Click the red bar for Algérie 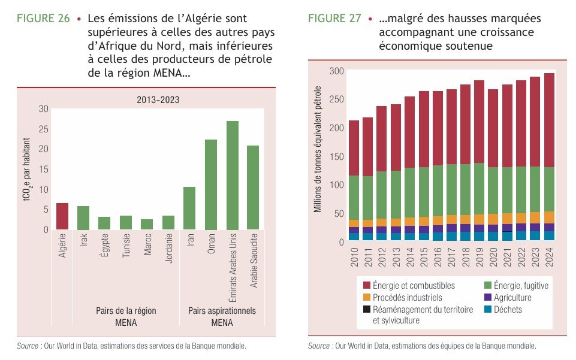(x=62, y=216)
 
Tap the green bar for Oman (x=211, y=184)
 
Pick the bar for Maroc (x=147, y=224)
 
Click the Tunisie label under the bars (x=126, y=246)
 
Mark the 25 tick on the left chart (x=44, y=129)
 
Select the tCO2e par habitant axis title (x=28, y=168)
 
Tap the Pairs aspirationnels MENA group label (x=222, y=317)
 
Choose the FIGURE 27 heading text (x=334, y=19)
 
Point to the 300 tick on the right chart (x=337, y=72)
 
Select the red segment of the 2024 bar (x=549, y=120)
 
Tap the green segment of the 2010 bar (x=354, y=198)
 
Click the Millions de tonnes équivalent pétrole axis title (x=318, y=150)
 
